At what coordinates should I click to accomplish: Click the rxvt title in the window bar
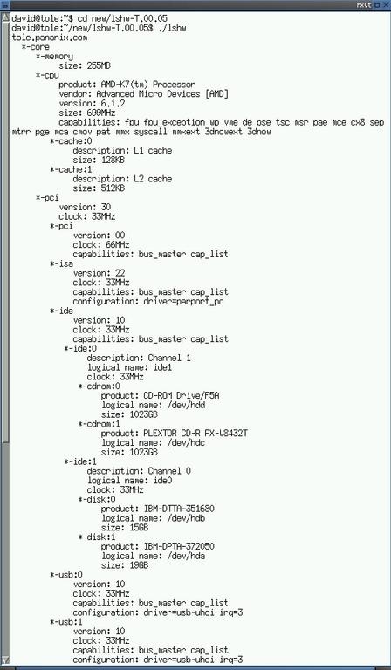[365, 5]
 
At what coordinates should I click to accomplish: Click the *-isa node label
[62, 263]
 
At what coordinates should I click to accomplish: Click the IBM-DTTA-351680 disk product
[179, 509]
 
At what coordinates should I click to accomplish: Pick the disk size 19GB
[139, 565]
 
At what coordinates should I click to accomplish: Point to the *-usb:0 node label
[66, 575]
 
